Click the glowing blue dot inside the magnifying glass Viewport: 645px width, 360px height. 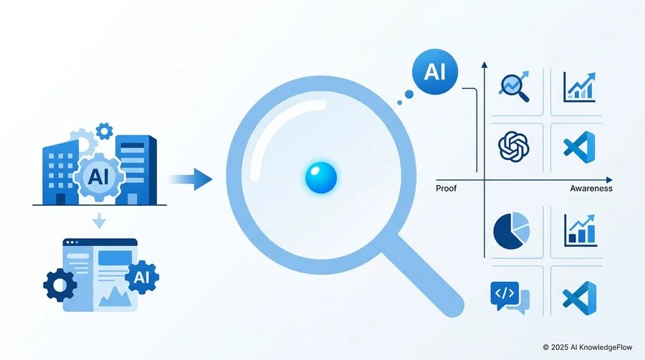pos(321,178)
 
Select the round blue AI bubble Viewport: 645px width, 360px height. pos(435,72)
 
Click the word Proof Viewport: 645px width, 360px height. pos(446,189)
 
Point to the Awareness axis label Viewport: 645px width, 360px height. pos(591,189)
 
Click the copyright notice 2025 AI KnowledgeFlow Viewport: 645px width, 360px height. pos(588,347)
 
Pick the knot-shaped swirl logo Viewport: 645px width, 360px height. pos(513,146)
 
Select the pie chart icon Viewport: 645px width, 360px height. pos(511,230)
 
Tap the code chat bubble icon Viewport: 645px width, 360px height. pos(510,297)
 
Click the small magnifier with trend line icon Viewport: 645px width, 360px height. pos(514,86)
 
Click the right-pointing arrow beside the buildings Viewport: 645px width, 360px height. pos(191,179)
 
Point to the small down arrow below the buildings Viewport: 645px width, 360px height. pos(99,221)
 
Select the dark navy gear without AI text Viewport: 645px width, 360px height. pos(60,285)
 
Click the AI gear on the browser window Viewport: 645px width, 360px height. pos(142,278)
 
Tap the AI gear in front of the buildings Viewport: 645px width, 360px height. pos(99,176)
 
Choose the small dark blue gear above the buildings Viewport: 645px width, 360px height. pos(104,131)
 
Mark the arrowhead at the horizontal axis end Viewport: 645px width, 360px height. pos(609,180)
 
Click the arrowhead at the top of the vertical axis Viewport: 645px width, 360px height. pos(484,65)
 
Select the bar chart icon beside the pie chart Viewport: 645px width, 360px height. pos(580,230)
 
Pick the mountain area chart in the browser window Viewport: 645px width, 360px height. pos(115,296)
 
